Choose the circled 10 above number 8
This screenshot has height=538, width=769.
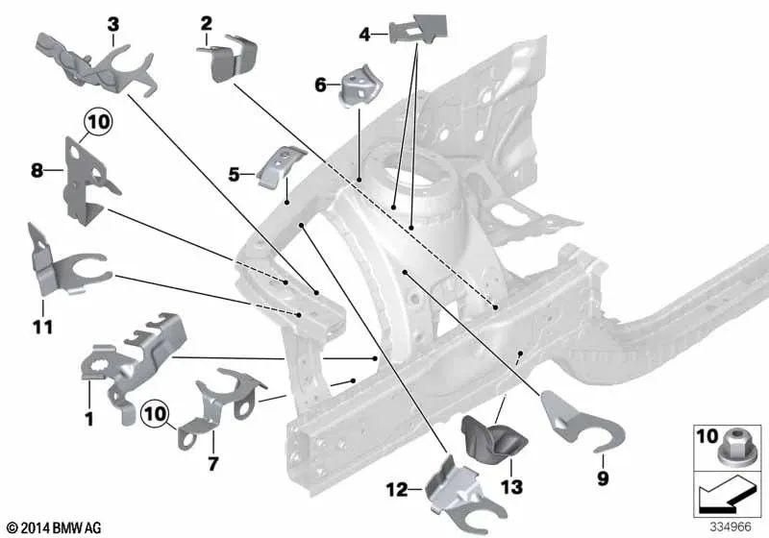point(97,121)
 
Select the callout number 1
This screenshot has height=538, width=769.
point(88,419)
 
